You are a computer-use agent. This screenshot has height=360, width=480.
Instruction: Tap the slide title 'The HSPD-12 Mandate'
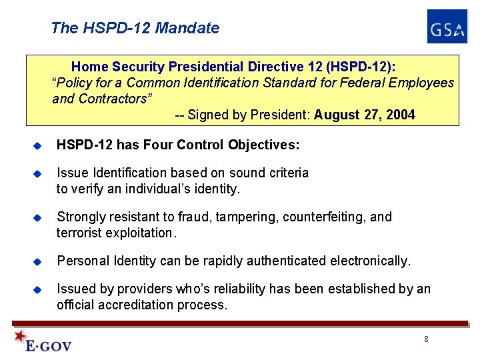pos(135,28)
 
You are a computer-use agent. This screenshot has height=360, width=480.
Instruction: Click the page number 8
pos(426,339)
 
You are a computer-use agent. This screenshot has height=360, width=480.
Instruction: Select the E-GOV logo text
pos(48,345)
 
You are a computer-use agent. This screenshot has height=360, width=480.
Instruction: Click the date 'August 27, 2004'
pos(365,115)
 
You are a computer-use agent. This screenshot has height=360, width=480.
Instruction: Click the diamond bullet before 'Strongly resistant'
pos(38,218)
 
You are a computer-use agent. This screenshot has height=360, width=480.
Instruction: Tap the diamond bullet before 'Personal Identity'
pos(38,261)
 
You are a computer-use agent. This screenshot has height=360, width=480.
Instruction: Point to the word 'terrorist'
pos(80,233)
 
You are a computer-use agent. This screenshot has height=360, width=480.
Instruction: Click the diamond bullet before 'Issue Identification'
pos(38,174)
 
